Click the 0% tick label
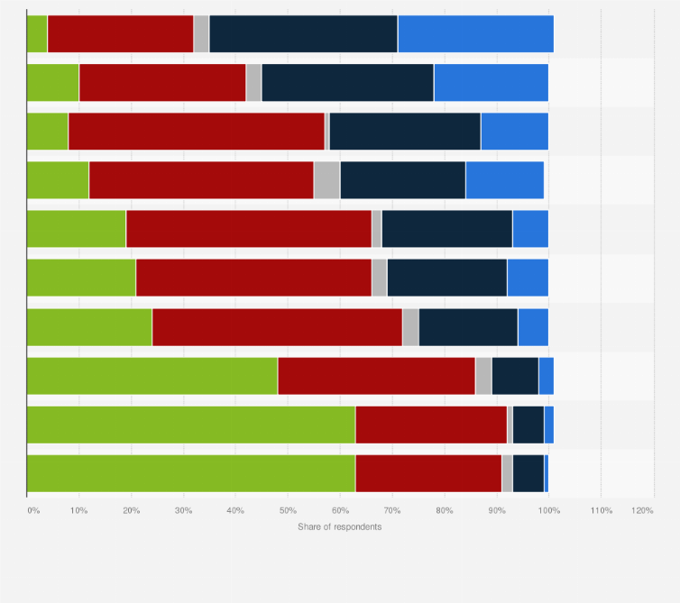pyautogui.click(x=33, y=511)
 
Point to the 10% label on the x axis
pyautogui.click(x=78, y=511)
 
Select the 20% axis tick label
pyautogui.click(x=131, y=511)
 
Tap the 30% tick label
pyautogui.click(x=183, y=511)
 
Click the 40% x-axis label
pyautogui.click(x=235, y=511)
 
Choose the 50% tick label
pyautogui.click(x=288, y=511)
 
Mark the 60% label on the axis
pyautogui.click(x=340, y=511)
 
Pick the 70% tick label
pyautogui.click(x=392, y=511)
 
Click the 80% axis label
pyautogui.click(x=445, y=511)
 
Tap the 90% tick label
pyautogui.click(x=497, y=511)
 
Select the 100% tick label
pyautogui.click(x=548, y=511)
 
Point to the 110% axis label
pyautogui.click(x=601, y=511)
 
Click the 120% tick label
pyautogui.click(x=643, y=511)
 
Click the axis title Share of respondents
pyautogui.click(x=339, y=526)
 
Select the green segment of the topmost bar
pyautogui.click(x=37, y=34)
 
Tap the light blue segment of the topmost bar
pyautogui.click(x=475, y=34)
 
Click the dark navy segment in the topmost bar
pyautogui.click(x=303, y=34)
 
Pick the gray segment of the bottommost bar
pyautogui.click(x=507, y=473)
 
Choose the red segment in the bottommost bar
pyautogui.click(x=428, y=473)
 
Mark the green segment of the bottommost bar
pyautogui.click(x=191, y=473)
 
